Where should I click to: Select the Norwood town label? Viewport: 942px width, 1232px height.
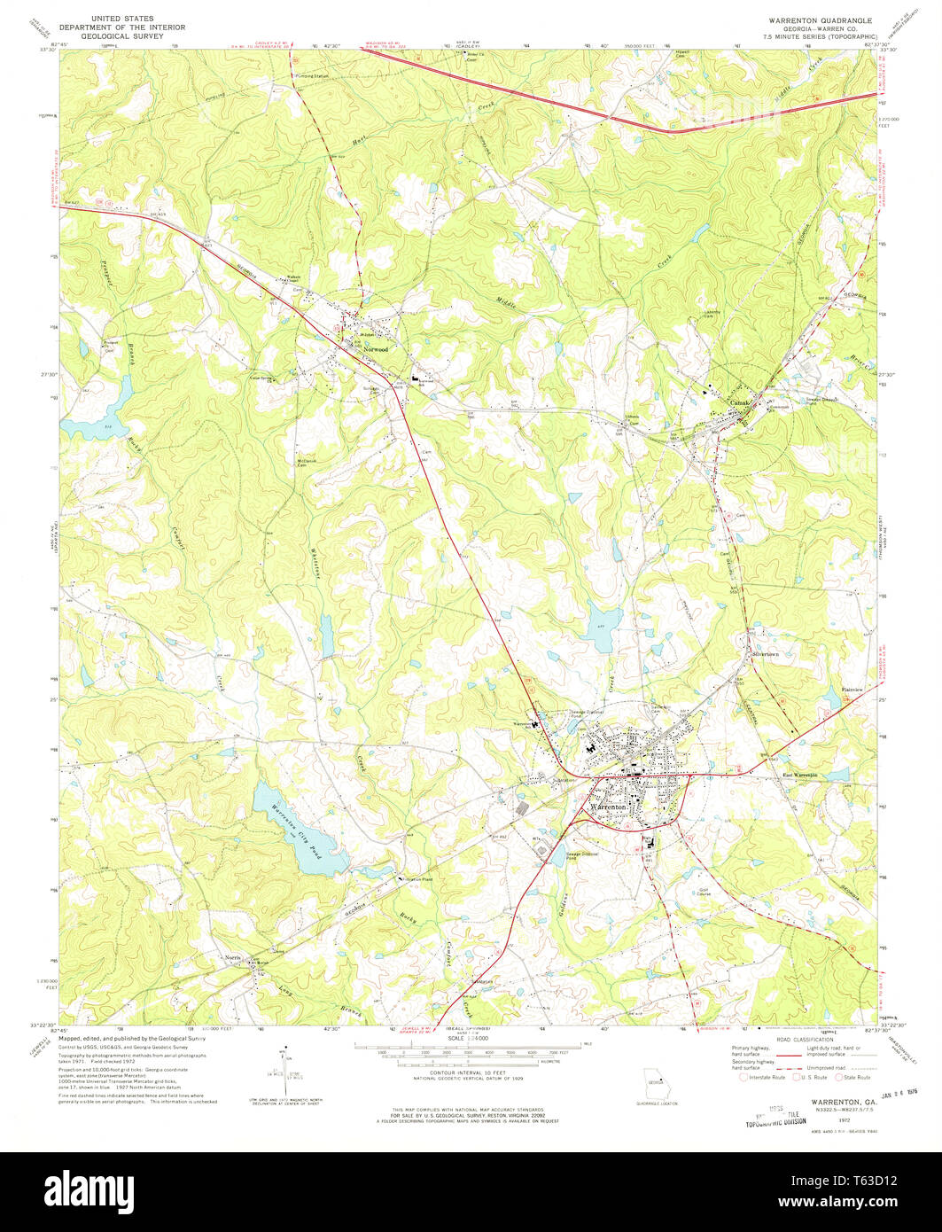[x=376, y=349]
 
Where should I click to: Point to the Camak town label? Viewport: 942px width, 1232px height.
[x=738, y=402]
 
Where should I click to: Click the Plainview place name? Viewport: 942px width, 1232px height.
[x=852, y=689]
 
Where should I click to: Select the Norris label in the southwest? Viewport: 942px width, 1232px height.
[x=232, y=959]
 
